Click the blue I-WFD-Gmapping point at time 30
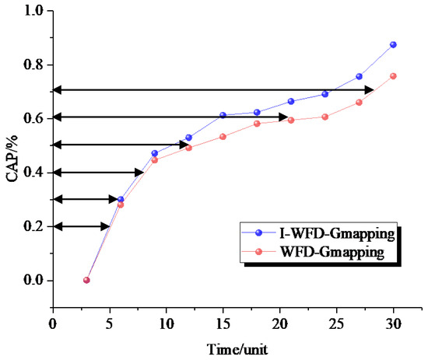393,45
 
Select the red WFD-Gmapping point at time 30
393,76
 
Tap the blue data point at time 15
223,115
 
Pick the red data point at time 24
325,117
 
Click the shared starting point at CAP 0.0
86,280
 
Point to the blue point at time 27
359,77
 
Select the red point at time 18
257,124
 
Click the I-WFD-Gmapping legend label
337,233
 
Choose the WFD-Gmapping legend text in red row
332,251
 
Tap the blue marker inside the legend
258,232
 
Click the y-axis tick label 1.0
33,11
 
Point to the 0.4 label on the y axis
33,173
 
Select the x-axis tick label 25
336,324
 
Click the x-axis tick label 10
167,324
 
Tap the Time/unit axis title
237,349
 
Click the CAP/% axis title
12,158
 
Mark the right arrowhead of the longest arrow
370,89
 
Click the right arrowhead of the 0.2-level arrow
105,226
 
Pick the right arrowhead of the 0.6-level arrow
283,117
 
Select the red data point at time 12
188,148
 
